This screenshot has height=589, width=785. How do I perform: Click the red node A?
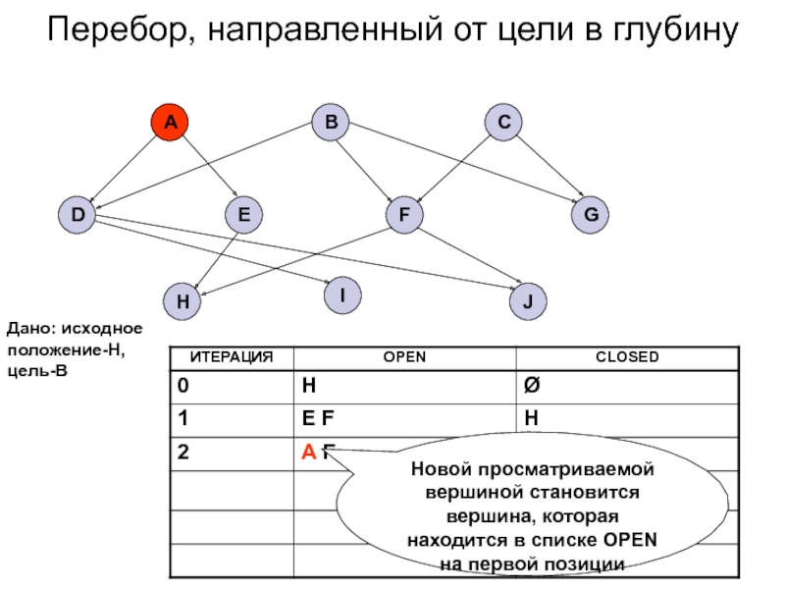click(x=169, y=123)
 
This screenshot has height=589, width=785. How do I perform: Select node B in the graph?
click(x=331, y=123)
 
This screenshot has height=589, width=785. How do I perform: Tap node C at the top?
click(x=503, y=123)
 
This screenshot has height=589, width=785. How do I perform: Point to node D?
click(x=76, y=214)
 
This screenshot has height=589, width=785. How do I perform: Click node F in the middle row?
click(x=402, y=214)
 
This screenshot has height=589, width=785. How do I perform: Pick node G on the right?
click(x=591, y=214)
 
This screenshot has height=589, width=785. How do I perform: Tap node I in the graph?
click(x=342, y=294)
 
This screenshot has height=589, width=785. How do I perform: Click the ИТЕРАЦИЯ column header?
click(x=232, y=357)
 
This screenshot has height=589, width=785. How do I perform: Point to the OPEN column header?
click(x=404, y=357)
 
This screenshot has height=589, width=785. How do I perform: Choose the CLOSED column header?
click(x=627, y=357)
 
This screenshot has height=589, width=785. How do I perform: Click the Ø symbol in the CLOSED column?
click(x=532, y=386)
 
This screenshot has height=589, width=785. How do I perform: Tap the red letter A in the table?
click(x=308, y=453)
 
